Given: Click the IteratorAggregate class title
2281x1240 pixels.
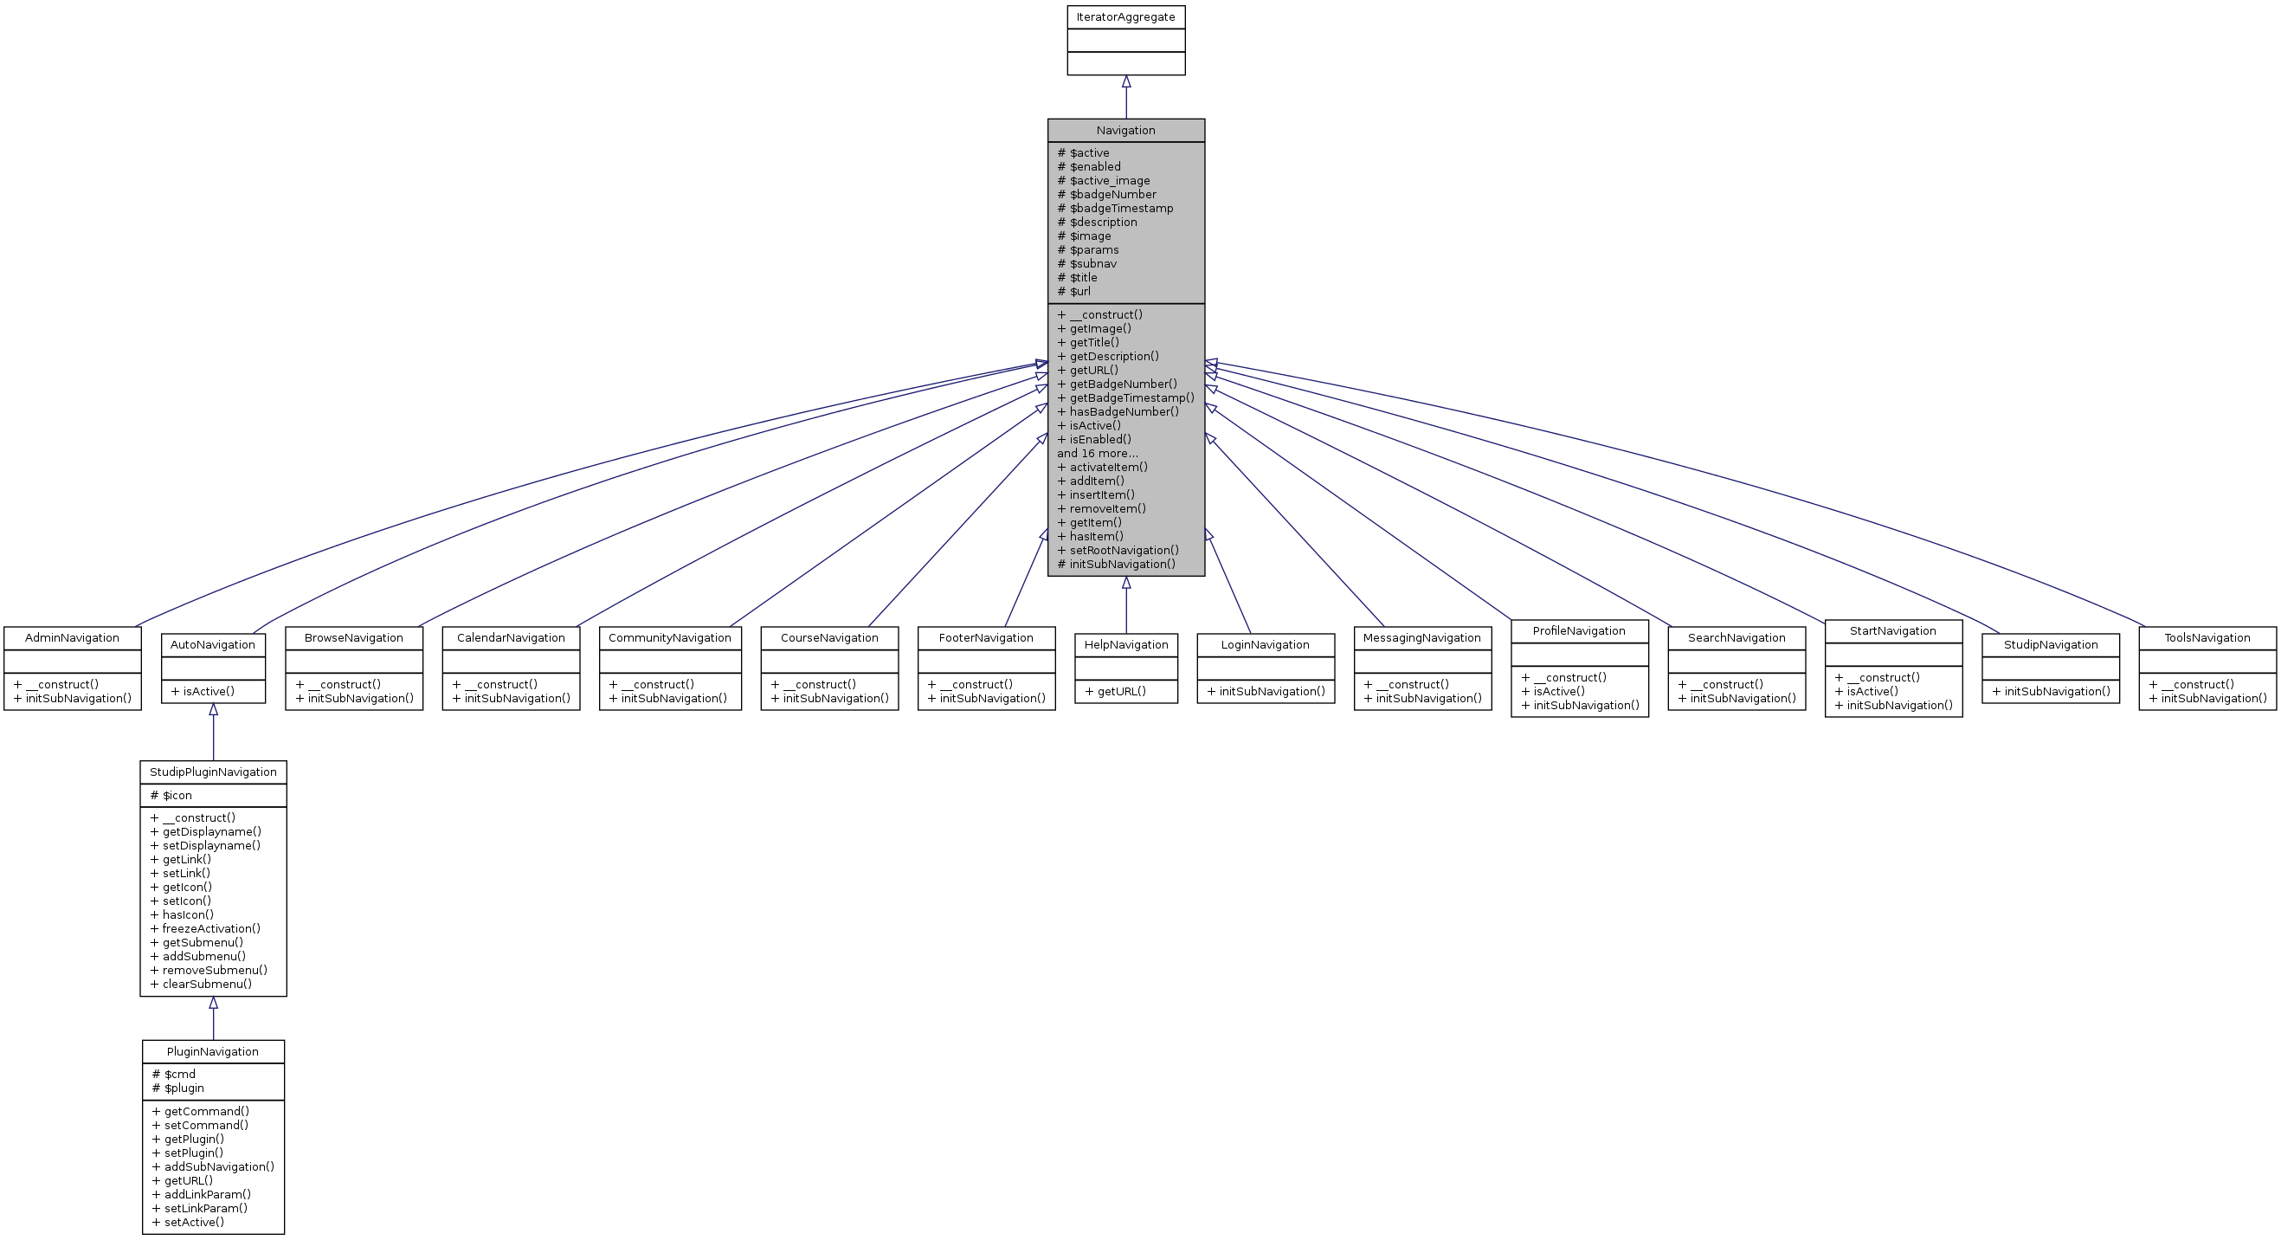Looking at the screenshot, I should (x=1125, y=16).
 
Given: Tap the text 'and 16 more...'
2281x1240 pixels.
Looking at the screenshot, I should (x=1097, y=454).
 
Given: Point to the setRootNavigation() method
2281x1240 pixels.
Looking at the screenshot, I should (x=1118, y=550).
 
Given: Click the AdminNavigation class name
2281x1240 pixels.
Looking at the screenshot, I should (x=72, y=637).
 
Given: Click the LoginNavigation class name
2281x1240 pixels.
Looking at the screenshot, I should (x=1265, y=645).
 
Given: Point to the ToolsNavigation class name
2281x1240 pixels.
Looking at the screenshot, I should (x=2207, y=637).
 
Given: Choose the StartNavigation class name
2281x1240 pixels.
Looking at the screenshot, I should (x=1892, y=630).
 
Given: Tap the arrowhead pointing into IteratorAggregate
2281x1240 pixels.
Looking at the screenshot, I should (x=1126, y=81).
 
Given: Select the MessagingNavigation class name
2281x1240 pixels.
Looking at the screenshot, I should (x=1421, y=637).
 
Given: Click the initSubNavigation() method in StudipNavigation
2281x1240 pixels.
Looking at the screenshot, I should (x=2051, y=691).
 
